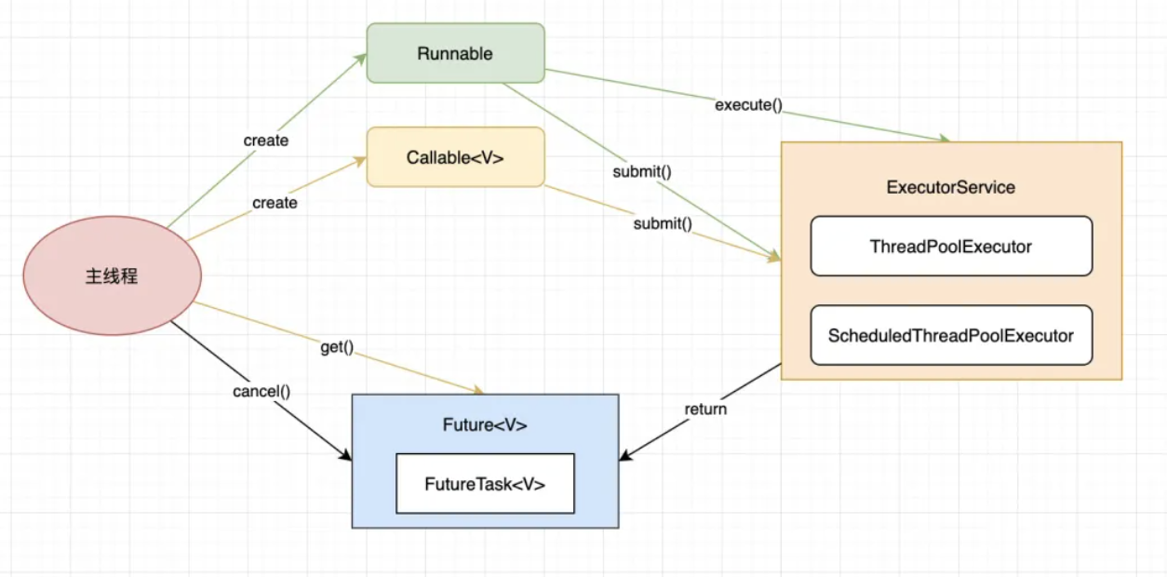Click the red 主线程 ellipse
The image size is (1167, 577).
112,275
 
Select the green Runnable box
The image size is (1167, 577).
455,53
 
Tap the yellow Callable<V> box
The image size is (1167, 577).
455,157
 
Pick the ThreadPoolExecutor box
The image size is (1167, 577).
951,247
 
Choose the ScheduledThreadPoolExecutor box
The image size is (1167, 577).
951,335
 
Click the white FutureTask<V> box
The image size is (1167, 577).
485,484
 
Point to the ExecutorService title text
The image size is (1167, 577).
951,187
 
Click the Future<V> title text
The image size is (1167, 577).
485,425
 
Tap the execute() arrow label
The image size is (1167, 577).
744,104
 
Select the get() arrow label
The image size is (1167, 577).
337,347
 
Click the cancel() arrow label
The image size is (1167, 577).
262,391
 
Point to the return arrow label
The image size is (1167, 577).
705,409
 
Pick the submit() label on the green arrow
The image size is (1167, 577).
642,171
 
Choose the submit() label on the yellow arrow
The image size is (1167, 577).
663,223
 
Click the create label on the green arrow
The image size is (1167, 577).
266,141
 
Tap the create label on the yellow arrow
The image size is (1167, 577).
275,203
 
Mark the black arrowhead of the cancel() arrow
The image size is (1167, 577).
346,456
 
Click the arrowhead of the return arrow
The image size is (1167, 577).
625,456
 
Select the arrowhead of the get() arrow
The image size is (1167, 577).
478,390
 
